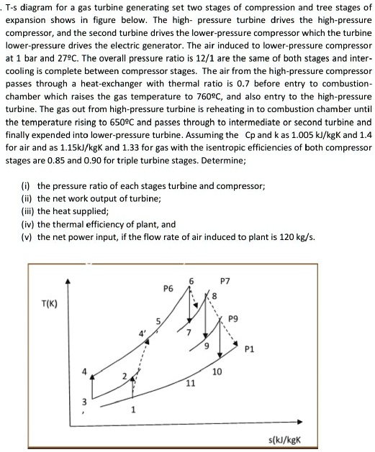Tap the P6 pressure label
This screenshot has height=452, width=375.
coord(168,289)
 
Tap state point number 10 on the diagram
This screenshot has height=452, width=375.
coord(217,372)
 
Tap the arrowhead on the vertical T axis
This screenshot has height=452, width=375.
coord(68,282)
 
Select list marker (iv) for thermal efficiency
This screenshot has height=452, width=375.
coord(28,223)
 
